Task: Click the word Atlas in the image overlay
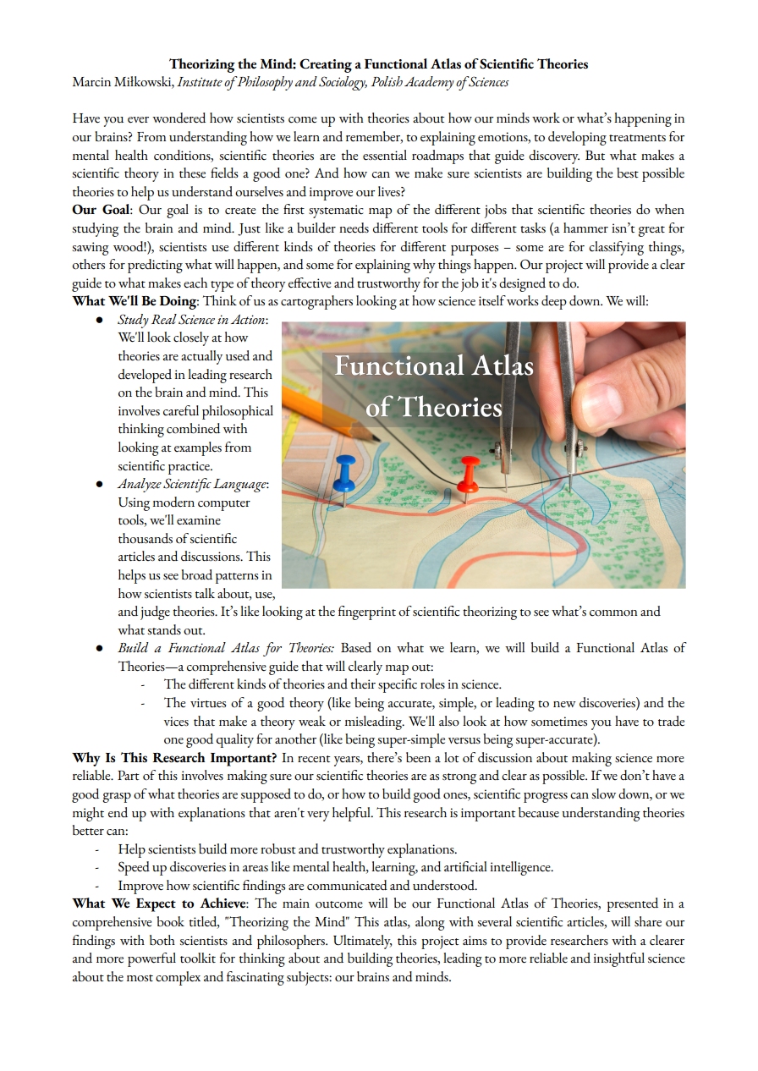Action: [x=492, y=365]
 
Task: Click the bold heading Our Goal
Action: [x=101, y=210]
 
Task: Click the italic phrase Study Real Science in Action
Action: [x=191, y=320]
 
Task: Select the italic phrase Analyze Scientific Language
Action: [x=192, y=484]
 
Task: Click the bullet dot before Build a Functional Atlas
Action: [x=99, y=648]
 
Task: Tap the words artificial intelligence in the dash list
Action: [x=492, y=867]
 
